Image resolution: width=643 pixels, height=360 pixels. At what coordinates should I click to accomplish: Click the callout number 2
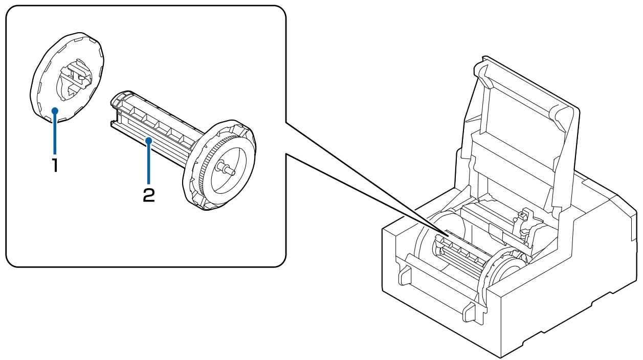[x=148, y=195]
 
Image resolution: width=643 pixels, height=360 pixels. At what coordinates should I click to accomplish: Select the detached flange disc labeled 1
[x=43, y=102]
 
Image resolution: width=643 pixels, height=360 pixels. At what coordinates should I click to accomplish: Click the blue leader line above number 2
[x=148, y=164]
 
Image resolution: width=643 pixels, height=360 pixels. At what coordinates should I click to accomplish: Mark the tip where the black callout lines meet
[x=448, y=232]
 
